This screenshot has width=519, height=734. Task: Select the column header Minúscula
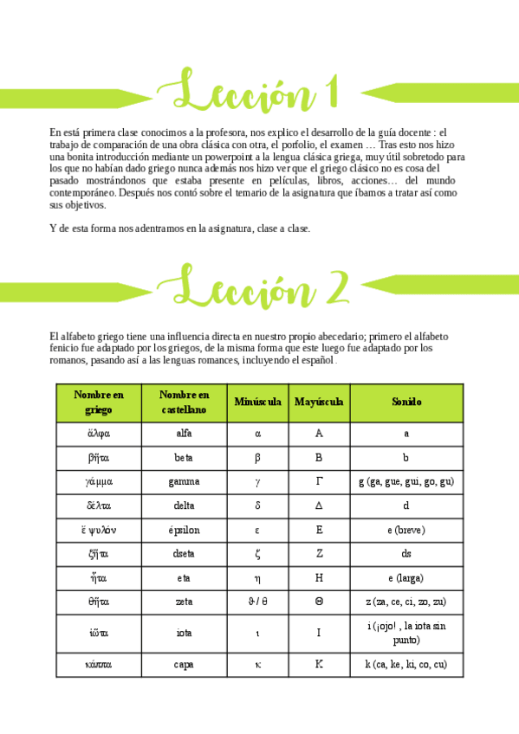257,402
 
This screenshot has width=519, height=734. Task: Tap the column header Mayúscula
319,402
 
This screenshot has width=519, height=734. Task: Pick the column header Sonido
405,402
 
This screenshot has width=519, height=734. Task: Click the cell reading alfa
184,433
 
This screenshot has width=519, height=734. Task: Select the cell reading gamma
184,481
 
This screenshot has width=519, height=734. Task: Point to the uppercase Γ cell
319,481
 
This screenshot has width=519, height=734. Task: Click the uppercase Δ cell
319,505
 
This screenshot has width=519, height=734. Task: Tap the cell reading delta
184,505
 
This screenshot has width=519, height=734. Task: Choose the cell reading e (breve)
405,530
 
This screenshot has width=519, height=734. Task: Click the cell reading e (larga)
405,578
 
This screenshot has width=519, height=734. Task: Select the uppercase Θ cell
319,602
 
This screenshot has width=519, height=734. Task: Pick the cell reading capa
184,665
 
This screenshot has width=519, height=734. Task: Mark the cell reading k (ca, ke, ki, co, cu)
405,665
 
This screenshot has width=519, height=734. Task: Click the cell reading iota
184,633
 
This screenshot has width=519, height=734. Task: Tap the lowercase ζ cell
257,554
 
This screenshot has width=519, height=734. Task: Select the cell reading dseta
184,554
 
